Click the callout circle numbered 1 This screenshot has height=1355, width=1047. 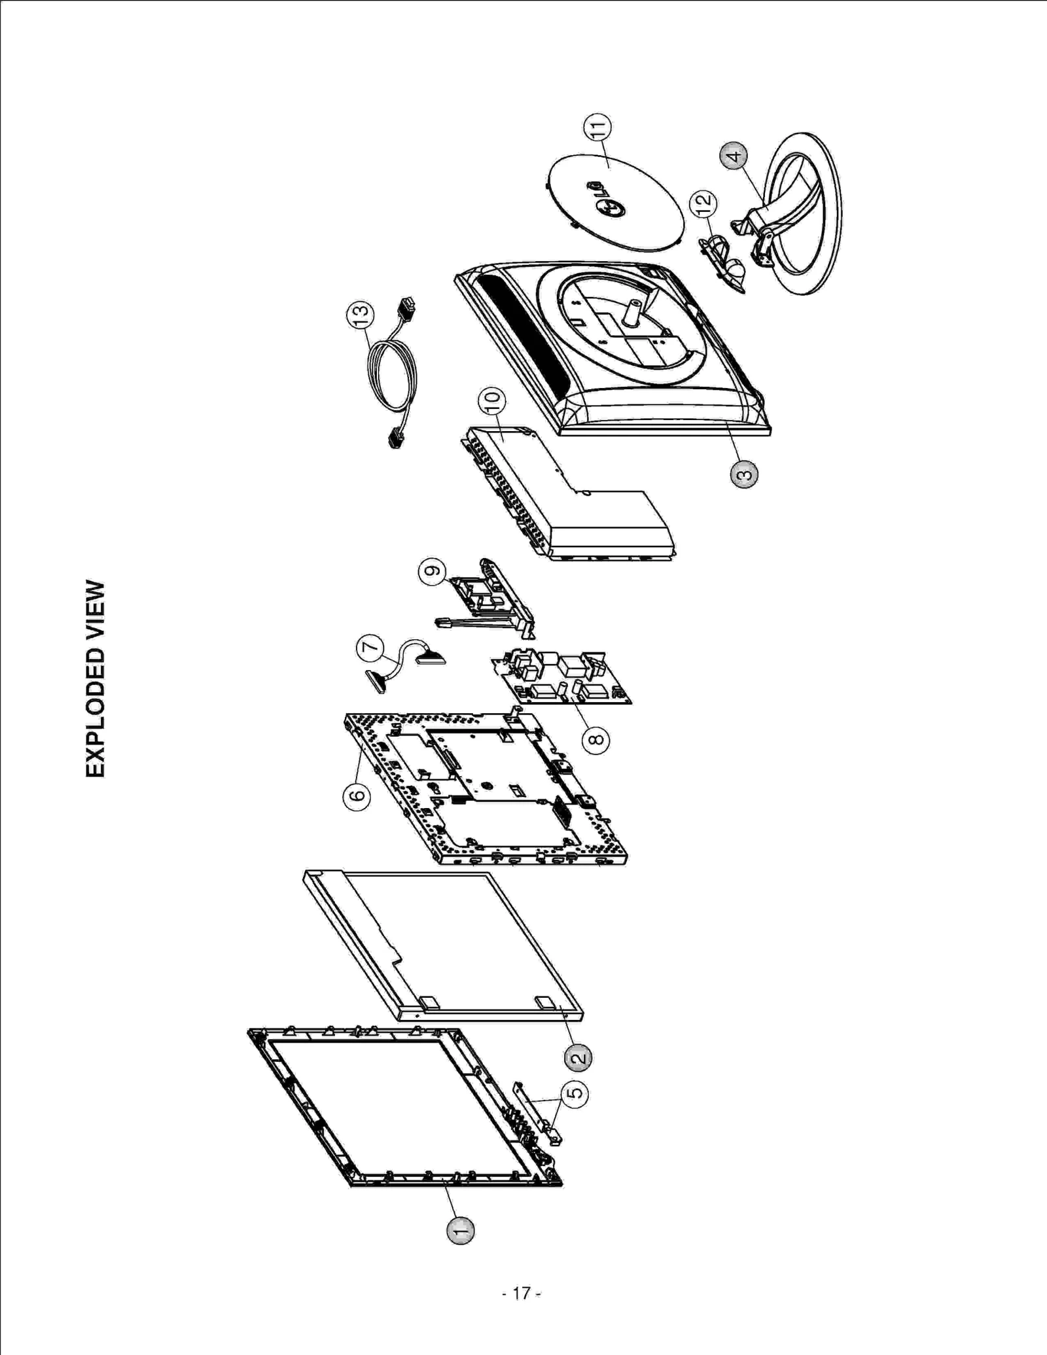[x=460, y=1230]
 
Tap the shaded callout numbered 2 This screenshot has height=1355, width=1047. [x=578, y=1057]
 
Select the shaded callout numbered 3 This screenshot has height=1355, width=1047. [x=744, y=474]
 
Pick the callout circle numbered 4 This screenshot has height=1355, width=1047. [x=734, y=156]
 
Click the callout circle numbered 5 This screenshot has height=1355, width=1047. [x=575, y=1093]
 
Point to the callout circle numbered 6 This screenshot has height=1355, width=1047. [x=357, y=796]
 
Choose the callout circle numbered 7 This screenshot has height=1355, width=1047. [x=370, y=648]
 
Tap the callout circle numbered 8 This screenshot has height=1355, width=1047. [x=595, y=741]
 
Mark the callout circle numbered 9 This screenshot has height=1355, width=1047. [x=432, y=572]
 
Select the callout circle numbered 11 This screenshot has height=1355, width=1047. [x=597, y=128]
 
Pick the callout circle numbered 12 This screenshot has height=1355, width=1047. [x=703, y=203]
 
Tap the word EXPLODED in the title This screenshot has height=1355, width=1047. [x=96, y=713]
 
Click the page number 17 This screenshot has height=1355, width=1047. [x=522, y=1293]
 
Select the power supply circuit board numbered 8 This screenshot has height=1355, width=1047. [x=563, y=677]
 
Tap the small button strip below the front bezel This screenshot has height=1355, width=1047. [x=533, y=1112]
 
